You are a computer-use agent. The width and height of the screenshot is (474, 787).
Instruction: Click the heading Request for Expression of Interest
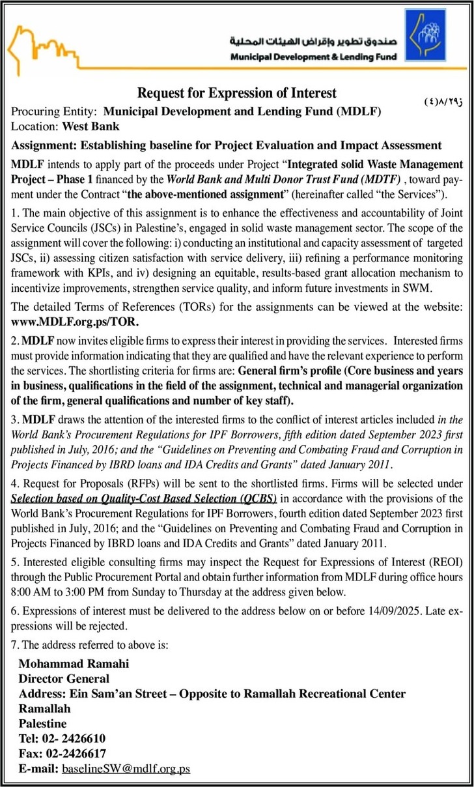click(x=237, y=93)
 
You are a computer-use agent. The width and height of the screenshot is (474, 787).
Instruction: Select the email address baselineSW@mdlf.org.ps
click(x=126, y=768)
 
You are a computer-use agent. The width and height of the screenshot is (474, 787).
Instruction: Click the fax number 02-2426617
click(x=74, y=753)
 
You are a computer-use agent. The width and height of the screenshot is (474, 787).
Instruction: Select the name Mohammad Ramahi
click(x=74, y=663)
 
